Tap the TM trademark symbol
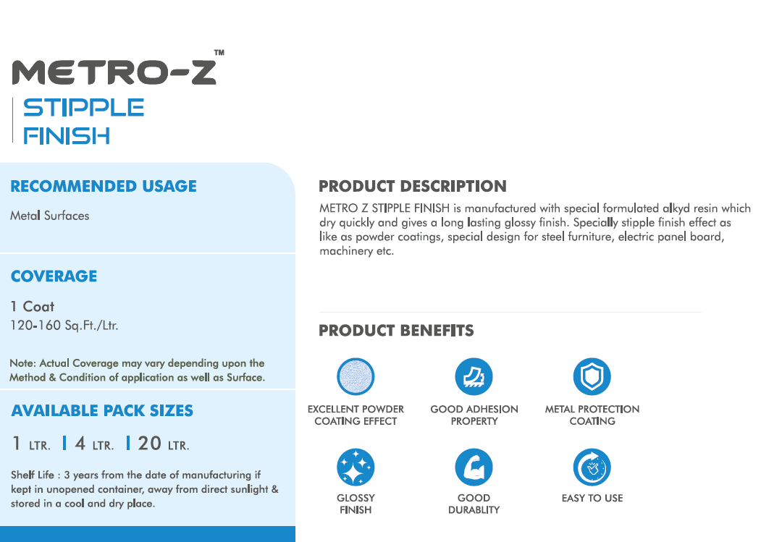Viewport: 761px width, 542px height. (x=219, y=52)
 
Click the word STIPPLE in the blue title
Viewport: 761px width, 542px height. (x=83, y=107)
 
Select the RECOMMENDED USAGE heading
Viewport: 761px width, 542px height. (x=104, y=186)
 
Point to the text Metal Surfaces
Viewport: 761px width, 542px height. (x=49, y=216)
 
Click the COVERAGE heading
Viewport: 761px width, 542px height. (x=54, y=276)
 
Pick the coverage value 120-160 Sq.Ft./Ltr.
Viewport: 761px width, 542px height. (x=64, y=325)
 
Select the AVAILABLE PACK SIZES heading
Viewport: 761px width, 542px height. (x=102, y=411)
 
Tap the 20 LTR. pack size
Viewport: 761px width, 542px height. (x=164, y=444)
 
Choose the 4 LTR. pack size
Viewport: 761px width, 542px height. (x=94, y=444)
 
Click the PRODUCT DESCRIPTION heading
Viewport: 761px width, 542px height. (x=413, y=186)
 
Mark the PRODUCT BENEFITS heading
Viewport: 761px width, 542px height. (x=396, y=331)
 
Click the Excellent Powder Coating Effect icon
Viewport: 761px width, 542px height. (x=356, y=376)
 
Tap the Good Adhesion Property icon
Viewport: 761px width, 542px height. (x=474, y=376)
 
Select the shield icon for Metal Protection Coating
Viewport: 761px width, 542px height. (x=592, y=376)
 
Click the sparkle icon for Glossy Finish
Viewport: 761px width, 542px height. (x=356, y=467)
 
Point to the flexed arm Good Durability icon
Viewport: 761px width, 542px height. (x=474, y=467)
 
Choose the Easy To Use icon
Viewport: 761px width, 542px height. (x=592, y=467)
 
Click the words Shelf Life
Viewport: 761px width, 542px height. (x=32, y=475)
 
